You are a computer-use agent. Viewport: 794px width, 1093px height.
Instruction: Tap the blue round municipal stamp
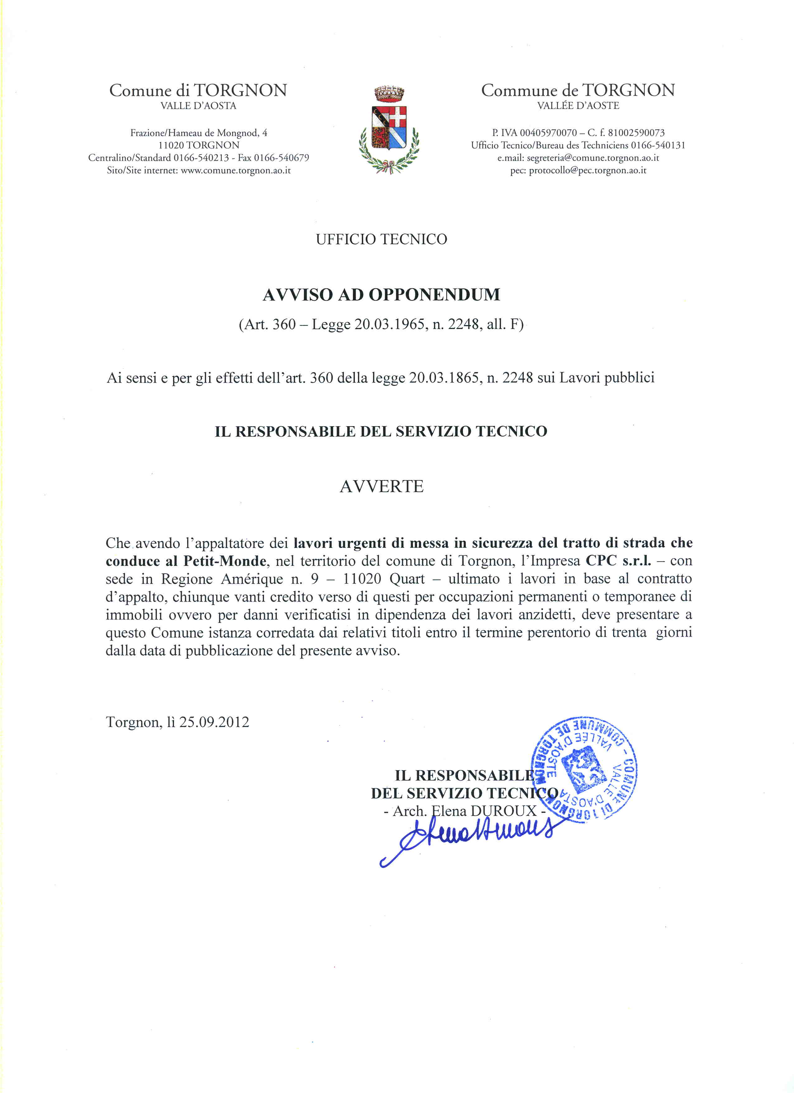click(584, 771)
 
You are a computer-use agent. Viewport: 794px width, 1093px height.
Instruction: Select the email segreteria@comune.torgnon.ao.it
click(593, 158)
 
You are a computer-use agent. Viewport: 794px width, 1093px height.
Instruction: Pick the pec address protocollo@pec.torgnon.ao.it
click(587, 170)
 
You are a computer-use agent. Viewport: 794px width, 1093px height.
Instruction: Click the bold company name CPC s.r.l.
click(618, 561)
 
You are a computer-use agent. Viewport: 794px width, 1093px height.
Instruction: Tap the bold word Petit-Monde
click(224, 561)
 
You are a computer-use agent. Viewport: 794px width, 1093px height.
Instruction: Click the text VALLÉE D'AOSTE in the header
click(578, 106)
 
